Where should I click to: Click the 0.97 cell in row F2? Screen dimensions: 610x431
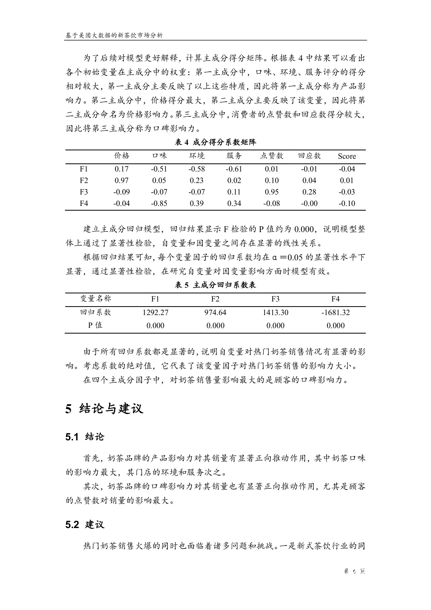(121, 181)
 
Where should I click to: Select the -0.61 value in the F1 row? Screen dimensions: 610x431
(234, 169)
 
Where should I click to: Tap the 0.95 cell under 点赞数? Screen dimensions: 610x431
(271, 192)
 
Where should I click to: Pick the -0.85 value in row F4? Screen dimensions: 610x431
(159, 204)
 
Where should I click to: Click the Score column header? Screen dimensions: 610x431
(347, 156)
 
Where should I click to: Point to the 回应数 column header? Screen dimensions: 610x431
(309, 156)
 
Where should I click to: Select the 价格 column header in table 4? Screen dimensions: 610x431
(122, 156)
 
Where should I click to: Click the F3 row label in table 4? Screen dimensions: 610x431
(84, 192)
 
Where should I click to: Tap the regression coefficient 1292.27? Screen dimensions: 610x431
(155, 312)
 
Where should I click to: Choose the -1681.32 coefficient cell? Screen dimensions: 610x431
(336, 312)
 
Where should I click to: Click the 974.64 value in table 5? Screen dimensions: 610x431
(215, 312)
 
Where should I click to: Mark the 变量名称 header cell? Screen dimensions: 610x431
(95, 299)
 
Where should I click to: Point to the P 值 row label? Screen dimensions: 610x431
(95, 325)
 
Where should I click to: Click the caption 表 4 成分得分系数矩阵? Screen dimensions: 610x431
(215, 143)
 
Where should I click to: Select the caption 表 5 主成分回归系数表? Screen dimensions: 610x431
(215, 285)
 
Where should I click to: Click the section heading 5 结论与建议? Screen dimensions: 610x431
(104, 408)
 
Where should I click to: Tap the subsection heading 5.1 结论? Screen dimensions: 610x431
(85, 437)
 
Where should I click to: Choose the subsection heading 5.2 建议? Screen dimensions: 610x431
(85, 525)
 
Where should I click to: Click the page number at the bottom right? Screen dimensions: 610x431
(354, 571)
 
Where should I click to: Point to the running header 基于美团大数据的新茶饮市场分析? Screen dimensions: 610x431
(114, 35)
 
